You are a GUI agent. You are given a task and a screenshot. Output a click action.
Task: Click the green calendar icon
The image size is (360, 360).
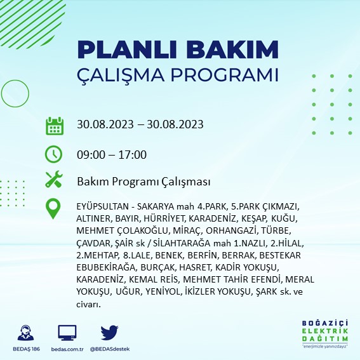(55, 126)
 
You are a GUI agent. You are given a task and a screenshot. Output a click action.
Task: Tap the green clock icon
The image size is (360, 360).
(53, 154)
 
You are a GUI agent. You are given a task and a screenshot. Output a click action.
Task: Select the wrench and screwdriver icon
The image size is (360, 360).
(54, 179)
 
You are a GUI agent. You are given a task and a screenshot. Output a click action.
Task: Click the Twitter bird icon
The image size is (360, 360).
(109, 333)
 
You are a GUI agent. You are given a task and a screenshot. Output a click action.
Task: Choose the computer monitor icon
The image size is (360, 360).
(67, 333)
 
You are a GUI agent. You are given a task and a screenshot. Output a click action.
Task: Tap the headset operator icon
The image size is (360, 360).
(25, 333)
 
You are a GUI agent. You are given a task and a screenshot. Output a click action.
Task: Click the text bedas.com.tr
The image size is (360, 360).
(67, 349)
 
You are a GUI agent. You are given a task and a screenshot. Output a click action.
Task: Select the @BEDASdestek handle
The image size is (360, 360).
(110, 349)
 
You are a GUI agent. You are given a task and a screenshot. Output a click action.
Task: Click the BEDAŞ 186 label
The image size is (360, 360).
(26, 349)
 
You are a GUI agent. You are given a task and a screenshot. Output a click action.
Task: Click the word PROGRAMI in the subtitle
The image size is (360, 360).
(224, 75)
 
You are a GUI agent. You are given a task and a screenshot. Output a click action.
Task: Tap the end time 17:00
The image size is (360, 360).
(133, 154)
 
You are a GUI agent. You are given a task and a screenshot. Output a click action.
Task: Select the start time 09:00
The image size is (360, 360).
(91, 154)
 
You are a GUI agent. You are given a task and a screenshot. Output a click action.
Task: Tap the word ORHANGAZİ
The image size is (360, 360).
(230, 230)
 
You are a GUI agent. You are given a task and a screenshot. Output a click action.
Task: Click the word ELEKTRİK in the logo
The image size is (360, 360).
(325, 331)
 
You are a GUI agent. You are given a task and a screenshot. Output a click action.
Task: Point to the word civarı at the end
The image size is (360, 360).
(88, 305)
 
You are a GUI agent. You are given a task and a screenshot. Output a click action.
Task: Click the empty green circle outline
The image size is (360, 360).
(15, 80)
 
